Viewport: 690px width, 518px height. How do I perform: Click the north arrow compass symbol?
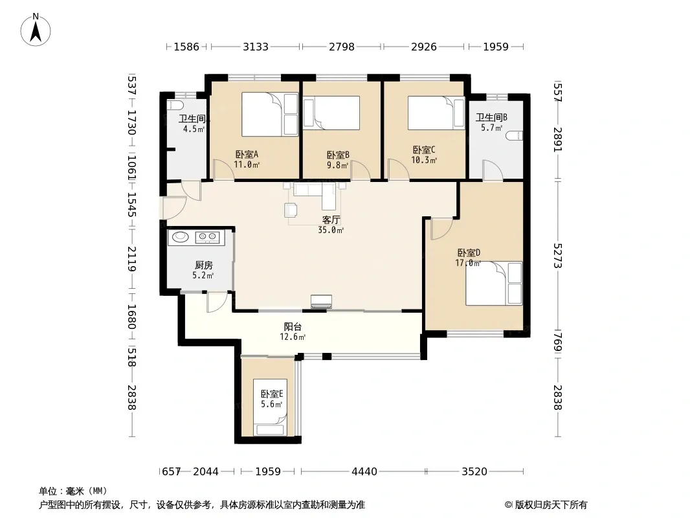(x=36, y=30)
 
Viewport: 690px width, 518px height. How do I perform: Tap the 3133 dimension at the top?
(x=256, y=47)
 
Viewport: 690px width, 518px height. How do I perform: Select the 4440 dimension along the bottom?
(x=364, y=472)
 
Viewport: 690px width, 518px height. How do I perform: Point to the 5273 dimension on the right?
(x=558, y=255)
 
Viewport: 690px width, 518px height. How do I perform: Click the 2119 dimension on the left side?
(x=131, y=259)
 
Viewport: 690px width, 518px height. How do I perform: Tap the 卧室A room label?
(x=247, y=155)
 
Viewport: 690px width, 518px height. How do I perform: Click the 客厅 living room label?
(x=331, y=220)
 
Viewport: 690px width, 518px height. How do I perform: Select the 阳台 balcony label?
(x=293, y=326)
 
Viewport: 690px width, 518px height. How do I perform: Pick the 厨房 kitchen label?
(x=203, y=265)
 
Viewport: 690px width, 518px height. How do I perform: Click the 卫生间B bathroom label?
(x=491, y=117)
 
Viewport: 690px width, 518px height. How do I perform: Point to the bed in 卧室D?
(x=494, y=284)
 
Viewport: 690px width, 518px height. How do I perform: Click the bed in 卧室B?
(x=332, y=113)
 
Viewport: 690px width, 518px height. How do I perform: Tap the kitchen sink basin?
(x=181, y=237)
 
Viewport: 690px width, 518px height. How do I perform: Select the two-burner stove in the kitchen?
(x=208, y=238)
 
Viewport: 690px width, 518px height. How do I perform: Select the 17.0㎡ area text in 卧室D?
(x=468, y=263)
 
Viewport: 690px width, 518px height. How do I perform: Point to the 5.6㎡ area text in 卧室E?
(x=271, y=404)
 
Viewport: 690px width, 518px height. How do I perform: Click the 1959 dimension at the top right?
(x=496, y=47)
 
